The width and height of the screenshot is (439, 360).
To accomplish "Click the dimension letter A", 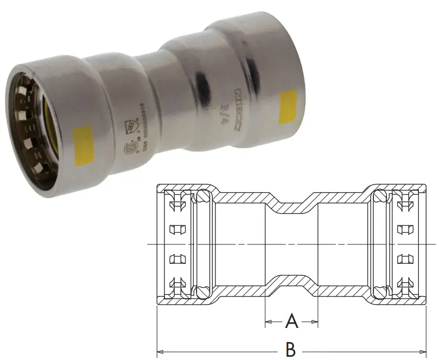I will (291, 322).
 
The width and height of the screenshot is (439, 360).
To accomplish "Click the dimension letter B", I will (291, 348).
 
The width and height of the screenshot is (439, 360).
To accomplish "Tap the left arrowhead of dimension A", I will (267, 322).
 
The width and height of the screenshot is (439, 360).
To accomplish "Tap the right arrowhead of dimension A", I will (315, 322).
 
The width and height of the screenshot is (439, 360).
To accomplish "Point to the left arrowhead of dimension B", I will (159, 348).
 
